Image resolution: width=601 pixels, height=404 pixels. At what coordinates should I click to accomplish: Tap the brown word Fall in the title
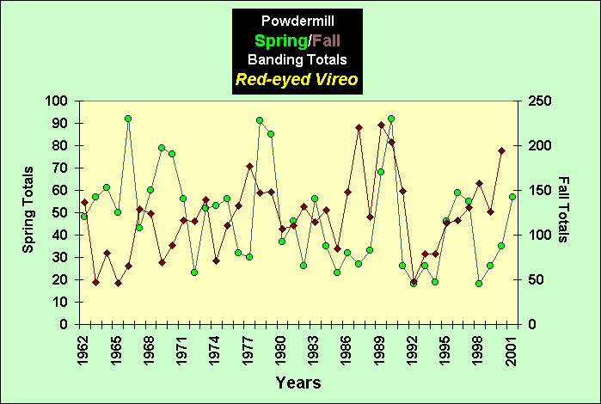[327, 40]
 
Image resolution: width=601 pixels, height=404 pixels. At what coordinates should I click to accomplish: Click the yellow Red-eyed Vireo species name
[297, 81]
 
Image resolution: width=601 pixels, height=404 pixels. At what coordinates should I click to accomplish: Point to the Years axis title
[298, 382]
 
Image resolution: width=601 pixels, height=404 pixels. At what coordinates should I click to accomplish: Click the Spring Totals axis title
[28, 210]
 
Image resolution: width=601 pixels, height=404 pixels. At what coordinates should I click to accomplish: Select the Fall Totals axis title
[564, 210]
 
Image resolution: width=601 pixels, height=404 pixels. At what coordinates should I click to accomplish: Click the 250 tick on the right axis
[540, 101]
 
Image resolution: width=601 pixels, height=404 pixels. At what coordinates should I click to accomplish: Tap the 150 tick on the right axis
[540, 190]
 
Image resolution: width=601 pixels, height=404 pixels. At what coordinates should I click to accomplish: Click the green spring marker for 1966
[128, 119]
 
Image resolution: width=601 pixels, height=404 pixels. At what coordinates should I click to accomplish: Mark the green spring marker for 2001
[512, 197]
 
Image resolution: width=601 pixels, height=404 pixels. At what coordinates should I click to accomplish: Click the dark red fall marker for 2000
[501, 151]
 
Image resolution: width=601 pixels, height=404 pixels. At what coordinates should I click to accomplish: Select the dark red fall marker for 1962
[84, 203]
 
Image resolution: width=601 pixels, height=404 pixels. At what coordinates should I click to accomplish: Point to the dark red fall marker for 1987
[359, 127]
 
